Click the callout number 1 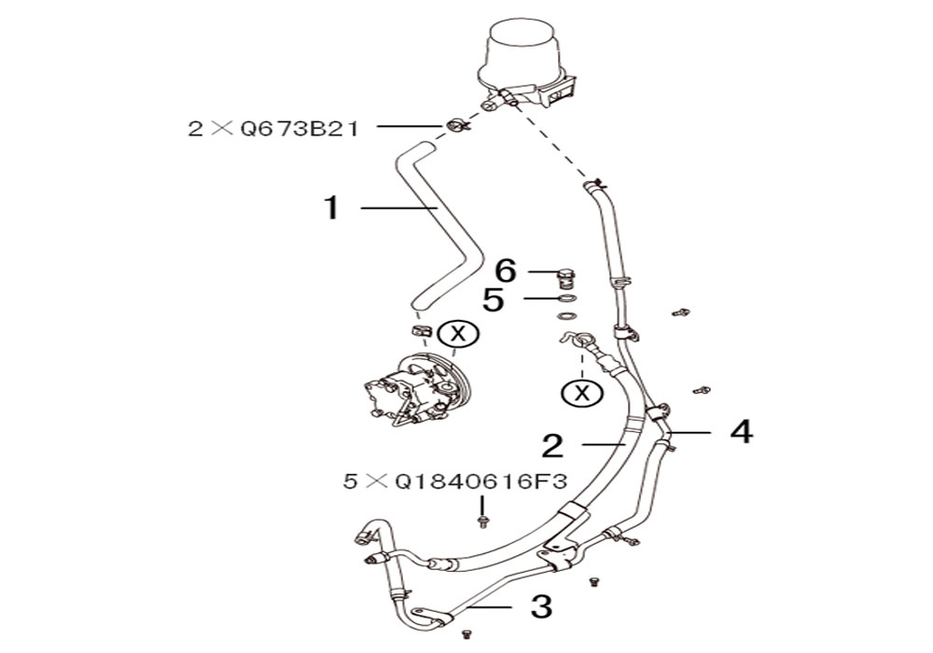tap(331, 208)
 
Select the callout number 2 tap(552, 446)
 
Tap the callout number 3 tap(541, 606)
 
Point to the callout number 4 tap(742, 432)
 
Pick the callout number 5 tap(494, 299)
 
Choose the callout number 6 tap(506, 271)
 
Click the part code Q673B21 tap(299, 129)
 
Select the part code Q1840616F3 tap(480, 481)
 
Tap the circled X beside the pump tap(458, 334)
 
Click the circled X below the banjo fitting tap(582, 392)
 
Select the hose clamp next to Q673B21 tap(456, 126)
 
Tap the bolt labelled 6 tap(565, 278)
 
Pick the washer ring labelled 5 tap(568, 298)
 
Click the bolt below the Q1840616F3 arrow tap(483, 522)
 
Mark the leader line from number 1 tap(399, 207)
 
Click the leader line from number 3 tap(490, 607)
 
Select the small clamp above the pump tap(420, 329)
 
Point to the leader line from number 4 tap(689, 432)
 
